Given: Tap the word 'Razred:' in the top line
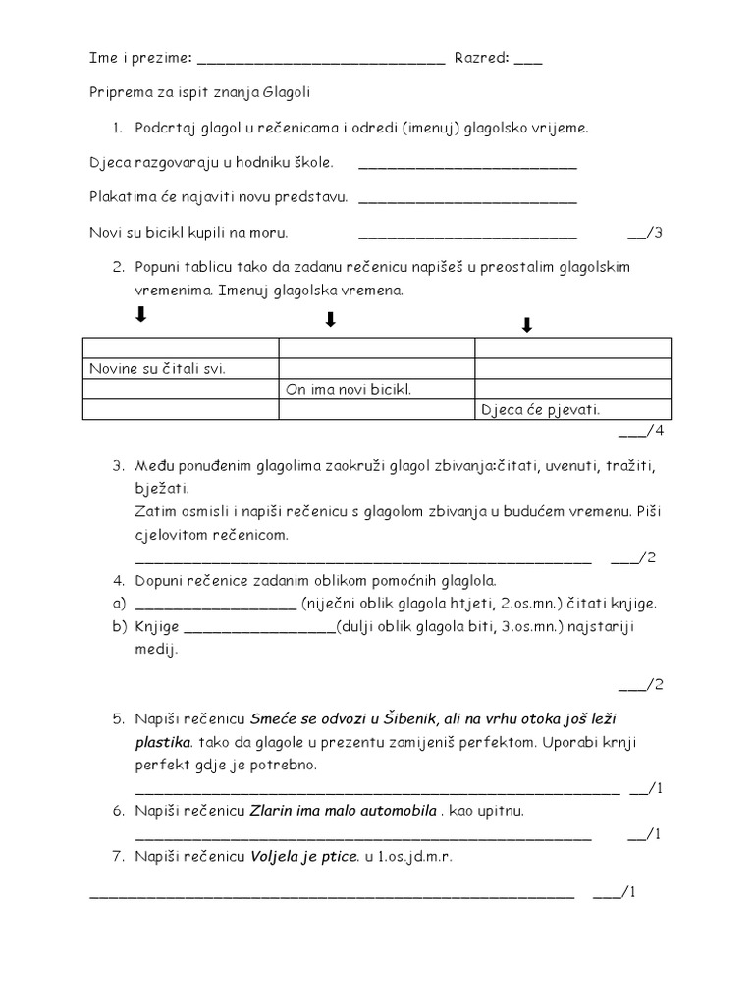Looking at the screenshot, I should point(481,58).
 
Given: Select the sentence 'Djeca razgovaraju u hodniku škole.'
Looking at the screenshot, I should point(210,162).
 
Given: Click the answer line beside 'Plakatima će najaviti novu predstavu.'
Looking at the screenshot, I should point(468,200).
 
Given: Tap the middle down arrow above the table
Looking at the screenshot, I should point(331,320).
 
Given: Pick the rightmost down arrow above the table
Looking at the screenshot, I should point(527,326).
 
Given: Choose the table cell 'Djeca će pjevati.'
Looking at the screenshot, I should point(539,411).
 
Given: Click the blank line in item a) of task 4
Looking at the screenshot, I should point(214,605).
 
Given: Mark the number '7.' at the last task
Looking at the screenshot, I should point(118,857).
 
